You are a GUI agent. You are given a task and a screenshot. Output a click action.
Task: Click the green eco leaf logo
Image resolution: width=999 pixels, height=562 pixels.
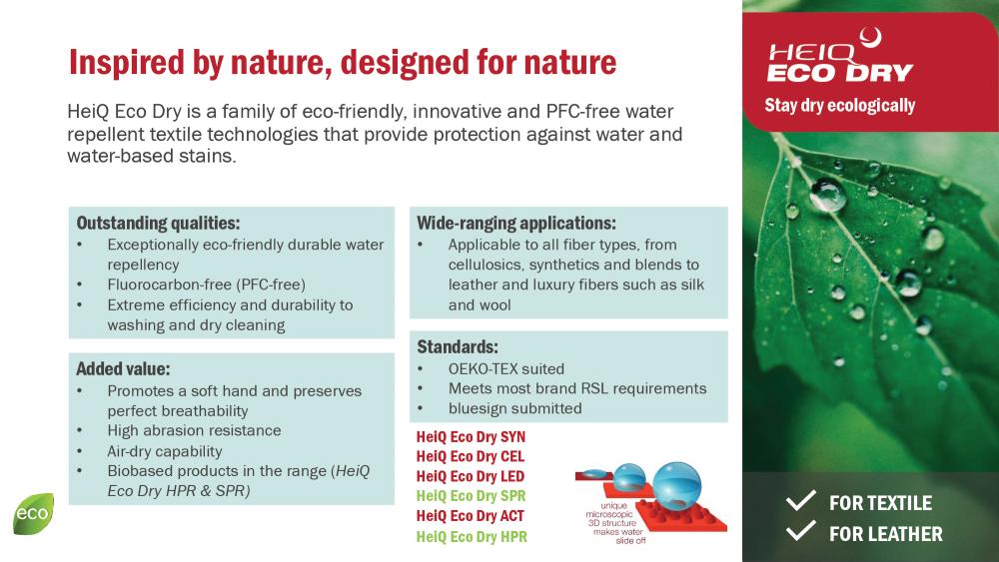coord(33,513)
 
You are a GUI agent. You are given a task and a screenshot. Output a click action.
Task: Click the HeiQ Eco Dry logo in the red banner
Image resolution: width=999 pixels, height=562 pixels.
coord(840,56)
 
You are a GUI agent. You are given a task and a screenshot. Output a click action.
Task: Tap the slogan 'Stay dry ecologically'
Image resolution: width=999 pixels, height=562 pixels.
coord(840,105)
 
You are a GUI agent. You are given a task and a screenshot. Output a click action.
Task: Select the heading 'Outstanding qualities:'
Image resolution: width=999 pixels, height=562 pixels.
coord(158,224)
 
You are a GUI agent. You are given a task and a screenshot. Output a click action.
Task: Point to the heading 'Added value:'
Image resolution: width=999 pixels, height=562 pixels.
coord(123,369)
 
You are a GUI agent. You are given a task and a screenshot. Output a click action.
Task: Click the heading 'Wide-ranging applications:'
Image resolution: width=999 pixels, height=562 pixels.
coord(516,224)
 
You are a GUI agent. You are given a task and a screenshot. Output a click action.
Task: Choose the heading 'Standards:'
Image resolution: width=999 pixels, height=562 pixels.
coord(458,346)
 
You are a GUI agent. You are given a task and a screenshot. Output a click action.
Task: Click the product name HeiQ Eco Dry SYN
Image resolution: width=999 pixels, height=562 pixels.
coord(471,436)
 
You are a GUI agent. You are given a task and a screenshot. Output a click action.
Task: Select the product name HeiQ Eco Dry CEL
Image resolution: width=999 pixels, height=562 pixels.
coord(471,456)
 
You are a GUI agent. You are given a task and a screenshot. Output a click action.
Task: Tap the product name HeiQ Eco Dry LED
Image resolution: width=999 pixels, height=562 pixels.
coord(471,476)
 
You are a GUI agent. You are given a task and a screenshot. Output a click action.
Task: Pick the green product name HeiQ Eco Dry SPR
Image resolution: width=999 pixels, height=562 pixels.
coord(471,496)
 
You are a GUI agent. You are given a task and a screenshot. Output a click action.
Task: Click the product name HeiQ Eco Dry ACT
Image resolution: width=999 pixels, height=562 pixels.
coord(471,516)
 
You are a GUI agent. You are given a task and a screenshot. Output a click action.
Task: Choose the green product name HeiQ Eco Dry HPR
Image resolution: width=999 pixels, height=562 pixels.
coord(472,536)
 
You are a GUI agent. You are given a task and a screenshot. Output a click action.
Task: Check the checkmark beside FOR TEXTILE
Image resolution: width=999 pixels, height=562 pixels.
coord(801,500)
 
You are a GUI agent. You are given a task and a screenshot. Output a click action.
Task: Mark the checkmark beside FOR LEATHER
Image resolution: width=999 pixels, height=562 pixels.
coord(801,530)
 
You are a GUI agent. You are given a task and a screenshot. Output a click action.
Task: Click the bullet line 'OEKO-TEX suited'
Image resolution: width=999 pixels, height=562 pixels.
coord(505,369)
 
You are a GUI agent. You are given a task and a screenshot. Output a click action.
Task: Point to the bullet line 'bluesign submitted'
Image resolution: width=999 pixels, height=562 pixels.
coord(514,408)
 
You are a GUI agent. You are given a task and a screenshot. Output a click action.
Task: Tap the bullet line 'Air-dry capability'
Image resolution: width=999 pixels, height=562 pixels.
coord(165,451)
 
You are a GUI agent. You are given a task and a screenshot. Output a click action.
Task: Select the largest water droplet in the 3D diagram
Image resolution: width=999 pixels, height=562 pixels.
coord(676,485)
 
